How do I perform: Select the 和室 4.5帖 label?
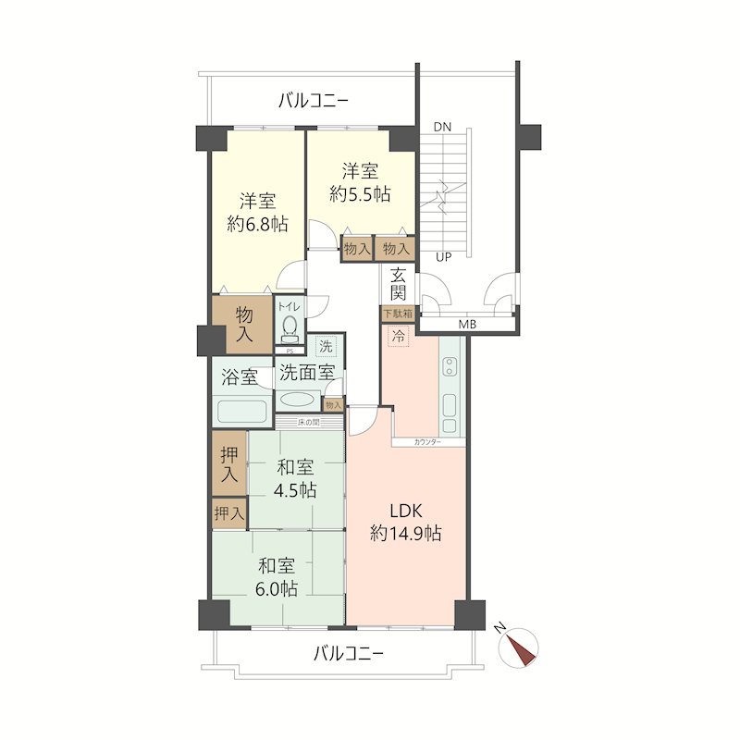[x=296, y=478]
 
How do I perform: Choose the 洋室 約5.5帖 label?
[x=360, y=182]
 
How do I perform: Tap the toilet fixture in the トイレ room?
[x=290, y=327]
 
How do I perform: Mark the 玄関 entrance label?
[x=399, y=284]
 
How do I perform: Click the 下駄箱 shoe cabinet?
[x=397, y=314]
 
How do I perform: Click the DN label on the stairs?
[x=441, y=127]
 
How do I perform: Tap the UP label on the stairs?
[x=443, y=257]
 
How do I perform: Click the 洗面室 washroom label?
[x=306, y=374]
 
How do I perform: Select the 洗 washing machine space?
[x=326, y=348]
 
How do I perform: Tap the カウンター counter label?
[x=427, y=443]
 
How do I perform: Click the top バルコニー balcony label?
[x=314, y=100]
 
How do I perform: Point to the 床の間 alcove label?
[x=309, y=423]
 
